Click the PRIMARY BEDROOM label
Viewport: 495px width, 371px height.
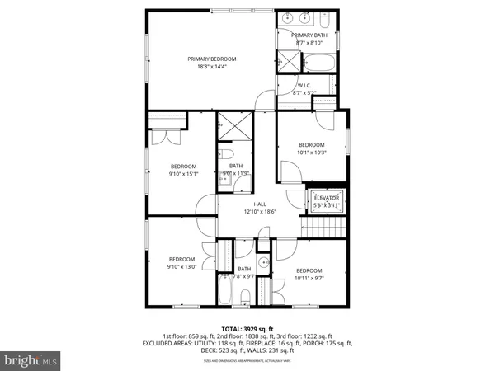(211, 59)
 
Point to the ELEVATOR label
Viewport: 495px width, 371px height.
(327, 198)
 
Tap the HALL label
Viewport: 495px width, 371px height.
(260, 204)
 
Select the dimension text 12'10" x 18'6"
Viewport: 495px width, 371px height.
(260, 212)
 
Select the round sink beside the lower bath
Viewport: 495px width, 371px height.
(262, 264)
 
